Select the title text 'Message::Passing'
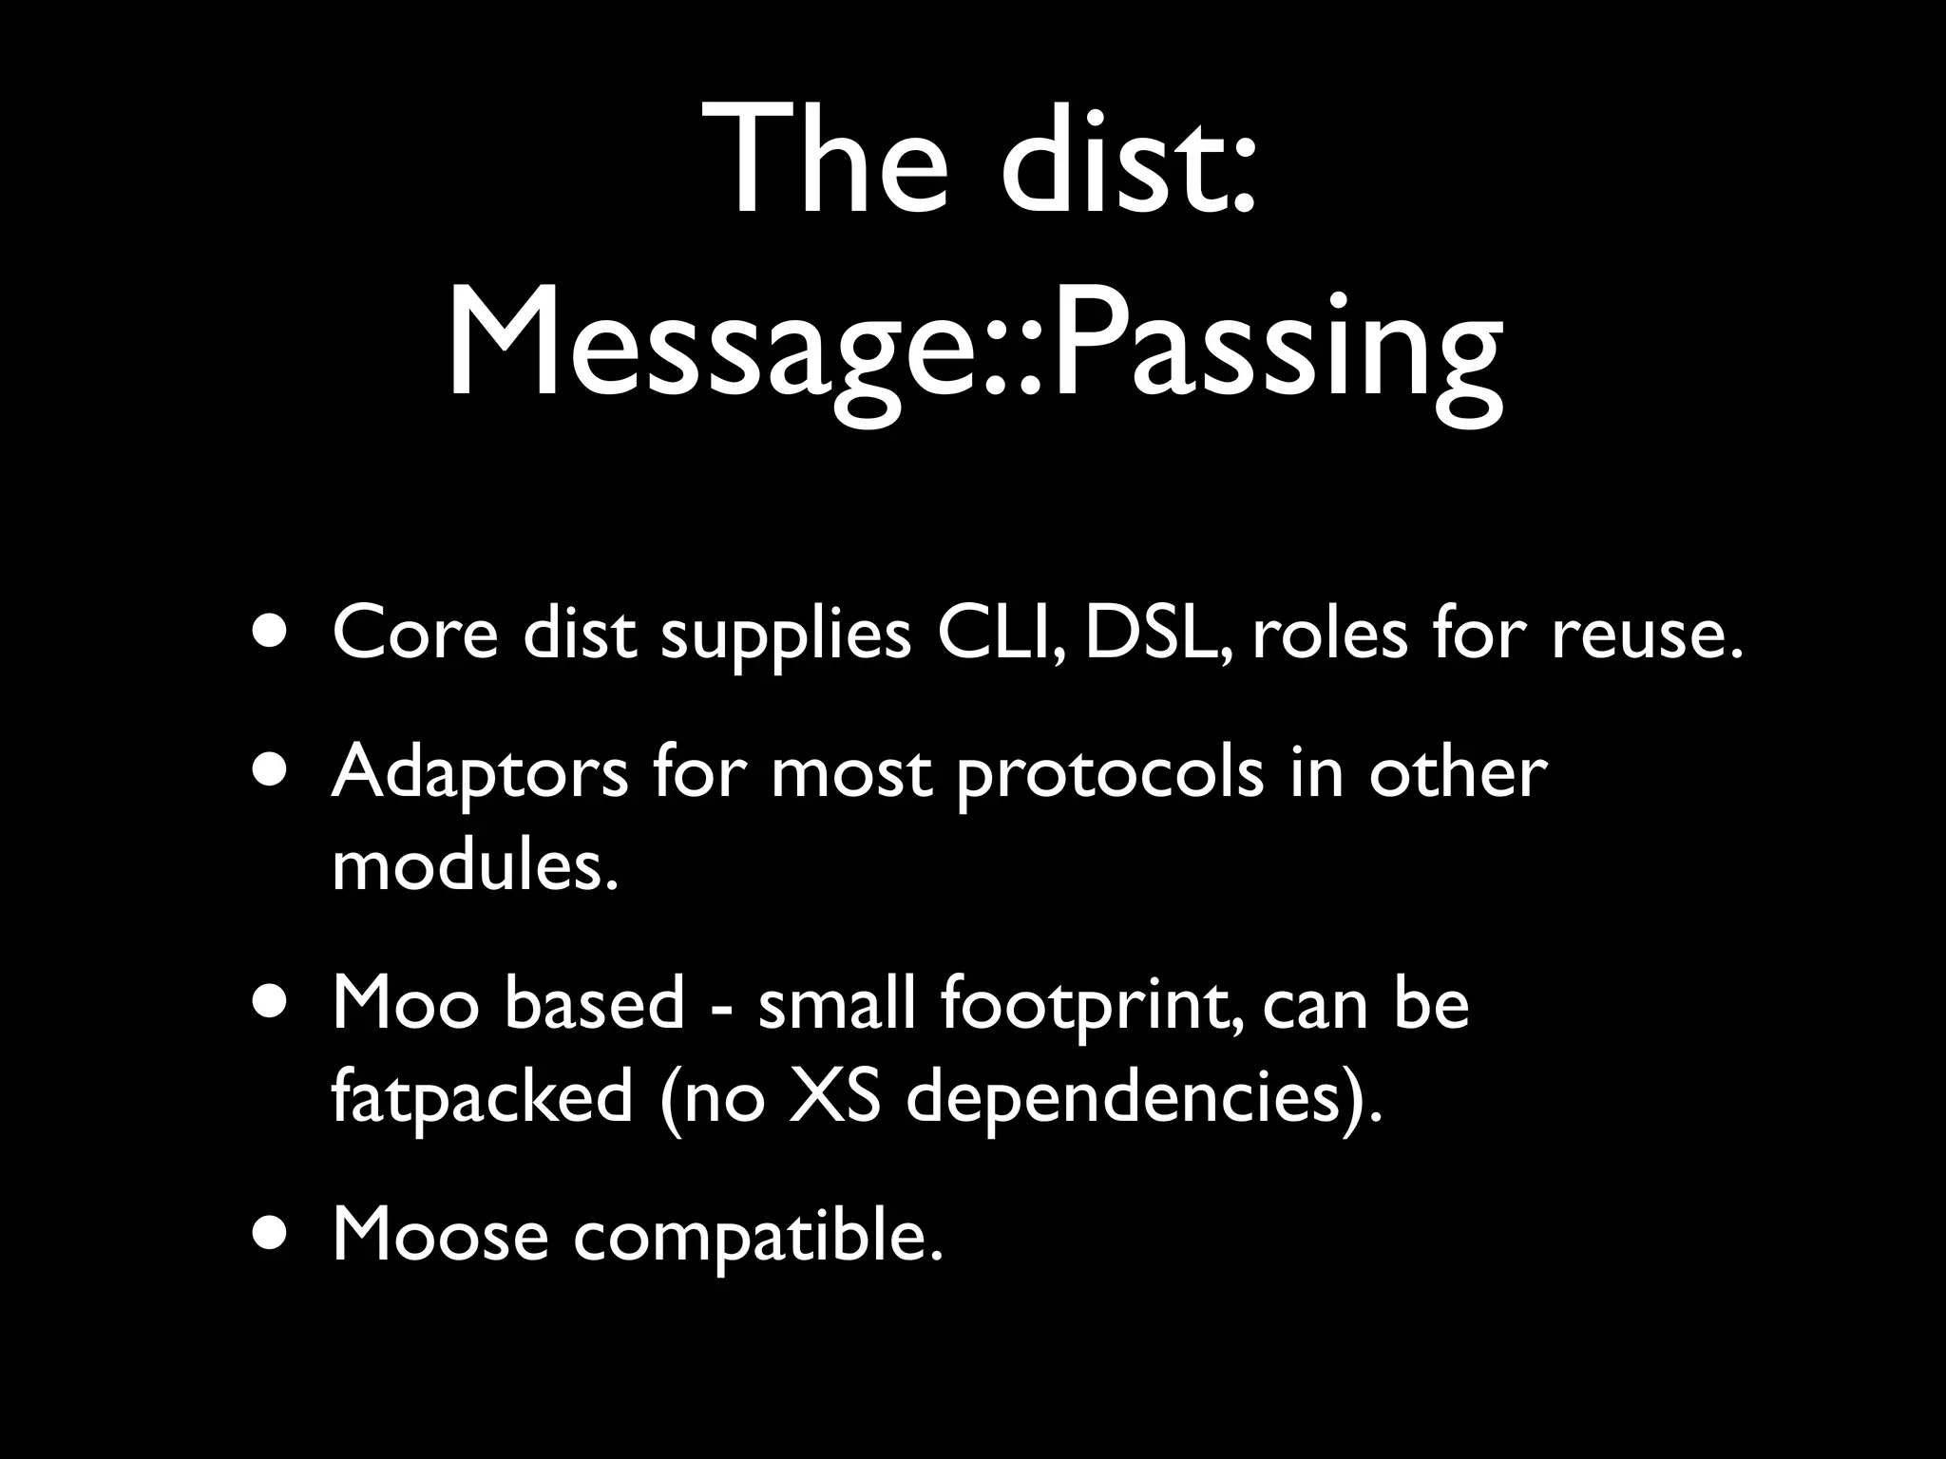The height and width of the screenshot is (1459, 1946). click(x=975, y=348)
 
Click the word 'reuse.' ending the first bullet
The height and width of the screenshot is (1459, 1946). click(x=1649, y=634)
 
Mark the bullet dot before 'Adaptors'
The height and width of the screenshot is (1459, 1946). click(x=275, y=770)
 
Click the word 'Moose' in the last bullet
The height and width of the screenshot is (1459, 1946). click(x=441, y=1236)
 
